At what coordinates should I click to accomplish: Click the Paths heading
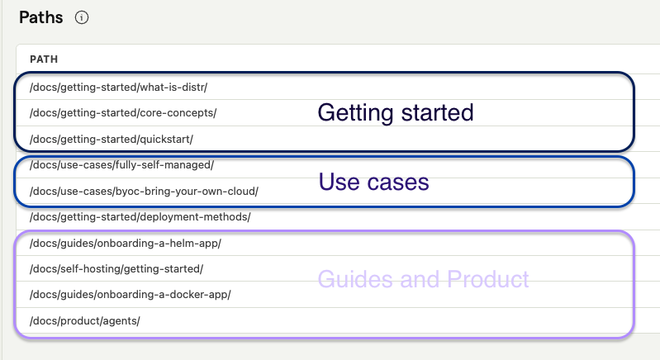tap(40, 17)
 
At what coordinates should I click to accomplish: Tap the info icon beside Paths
tap(82, 17)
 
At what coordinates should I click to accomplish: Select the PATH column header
tap(44, 59)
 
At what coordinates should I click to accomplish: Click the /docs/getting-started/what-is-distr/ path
tap(119, 87)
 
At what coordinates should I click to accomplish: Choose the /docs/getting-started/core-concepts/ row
tap(123, 113)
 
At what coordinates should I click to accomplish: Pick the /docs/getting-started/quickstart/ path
tap(112, 140)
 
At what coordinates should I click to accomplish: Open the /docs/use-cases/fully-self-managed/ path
tap(121, 165)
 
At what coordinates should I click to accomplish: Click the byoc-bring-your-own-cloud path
tap(144, 192)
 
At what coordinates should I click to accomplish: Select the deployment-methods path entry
tap(140, 217)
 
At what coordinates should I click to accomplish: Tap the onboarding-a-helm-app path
tap(126, 244)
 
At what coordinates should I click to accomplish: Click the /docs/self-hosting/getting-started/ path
tap(116, 269)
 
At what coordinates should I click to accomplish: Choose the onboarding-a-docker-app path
tap(131, 295)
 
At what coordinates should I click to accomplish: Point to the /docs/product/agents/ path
tap(85, 321)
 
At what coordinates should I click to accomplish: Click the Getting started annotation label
tap(396, 114)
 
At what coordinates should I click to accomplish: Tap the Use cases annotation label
tap(373, 182)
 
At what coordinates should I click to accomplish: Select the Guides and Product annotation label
tap(424, 279)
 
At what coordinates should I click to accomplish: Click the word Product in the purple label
tap(488, 279)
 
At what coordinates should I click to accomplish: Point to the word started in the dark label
tap(437, 113)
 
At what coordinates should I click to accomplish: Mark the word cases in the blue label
tap(398, 183)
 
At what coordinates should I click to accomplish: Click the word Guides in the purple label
tap(355, 279)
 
